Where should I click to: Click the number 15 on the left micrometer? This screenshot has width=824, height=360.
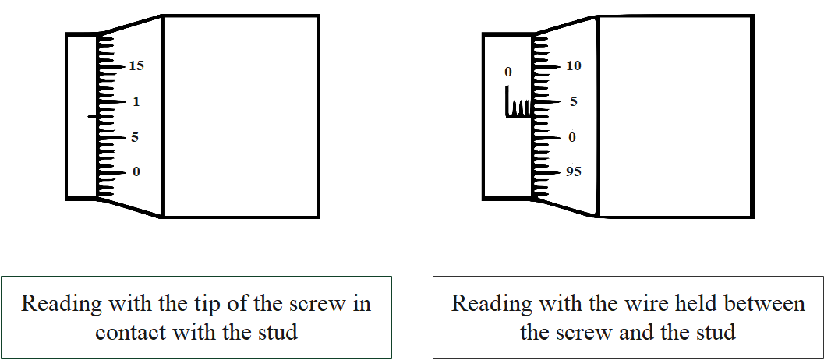tap(136, 67)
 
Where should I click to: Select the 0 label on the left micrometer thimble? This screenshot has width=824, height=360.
tap(136, 172)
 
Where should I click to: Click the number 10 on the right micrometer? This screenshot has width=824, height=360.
tap(573, 67)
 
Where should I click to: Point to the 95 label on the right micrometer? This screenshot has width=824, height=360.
tap(573, 172)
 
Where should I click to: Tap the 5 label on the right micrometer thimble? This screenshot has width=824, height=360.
tap(573, 102)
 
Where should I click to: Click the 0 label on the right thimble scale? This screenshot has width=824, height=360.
tap(572, 138)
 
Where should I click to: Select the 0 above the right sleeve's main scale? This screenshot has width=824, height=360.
tap(508, 72)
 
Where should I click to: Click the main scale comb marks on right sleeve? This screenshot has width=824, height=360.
tap(518, 106)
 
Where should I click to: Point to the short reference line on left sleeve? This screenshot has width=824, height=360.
tap(92, 117)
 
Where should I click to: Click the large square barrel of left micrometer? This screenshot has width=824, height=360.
tap(240, 115)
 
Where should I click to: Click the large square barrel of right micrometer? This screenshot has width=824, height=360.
tap(676, 115)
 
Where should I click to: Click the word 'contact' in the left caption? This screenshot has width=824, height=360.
tap(140, 332)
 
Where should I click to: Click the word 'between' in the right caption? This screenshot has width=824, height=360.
tap(763, 303)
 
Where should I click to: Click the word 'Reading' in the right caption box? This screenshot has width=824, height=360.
tap(491, 304)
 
